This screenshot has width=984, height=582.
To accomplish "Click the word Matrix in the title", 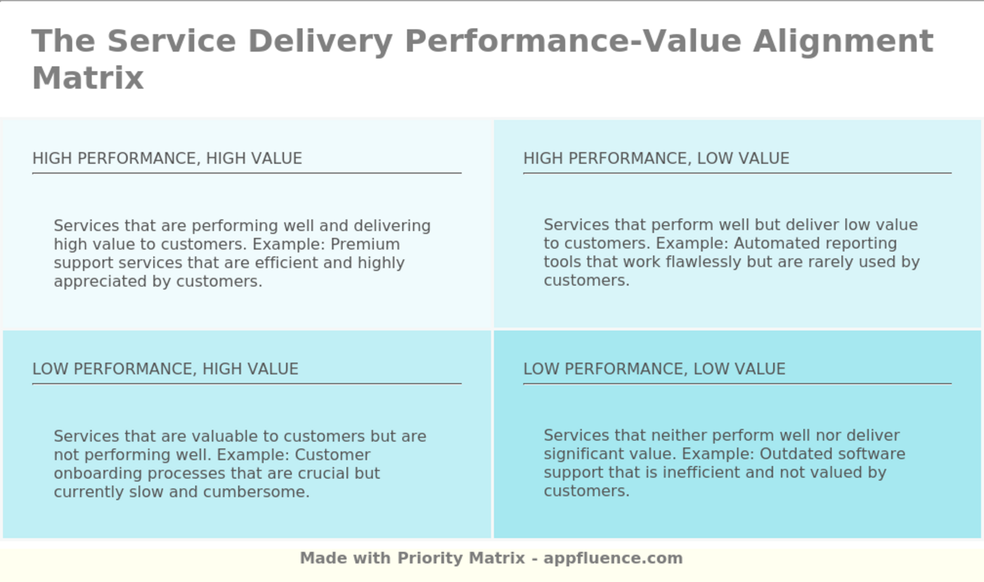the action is [88, 78].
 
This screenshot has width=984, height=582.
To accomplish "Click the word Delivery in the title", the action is [321, 41].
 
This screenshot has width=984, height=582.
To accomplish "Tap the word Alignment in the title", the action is [843, 41].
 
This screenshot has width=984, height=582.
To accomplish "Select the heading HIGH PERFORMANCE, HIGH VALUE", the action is [167, 159].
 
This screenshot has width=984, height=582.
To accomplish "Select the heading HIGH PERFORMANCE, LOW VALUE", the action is [656, 159].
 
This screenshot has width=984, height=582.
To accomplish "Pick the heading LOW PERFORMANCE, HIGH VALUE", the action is [165, 369].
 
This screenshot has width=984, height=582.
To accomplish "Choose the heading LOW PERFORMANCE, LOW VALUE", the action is [654, 369].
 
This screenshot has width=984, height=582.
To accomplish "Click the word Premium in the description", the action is [365, 244].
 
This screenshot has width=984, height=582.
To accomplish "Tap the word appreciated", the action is [100, 282].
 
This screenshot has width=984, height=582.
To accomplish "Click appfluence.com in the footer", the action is [613, 559].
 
